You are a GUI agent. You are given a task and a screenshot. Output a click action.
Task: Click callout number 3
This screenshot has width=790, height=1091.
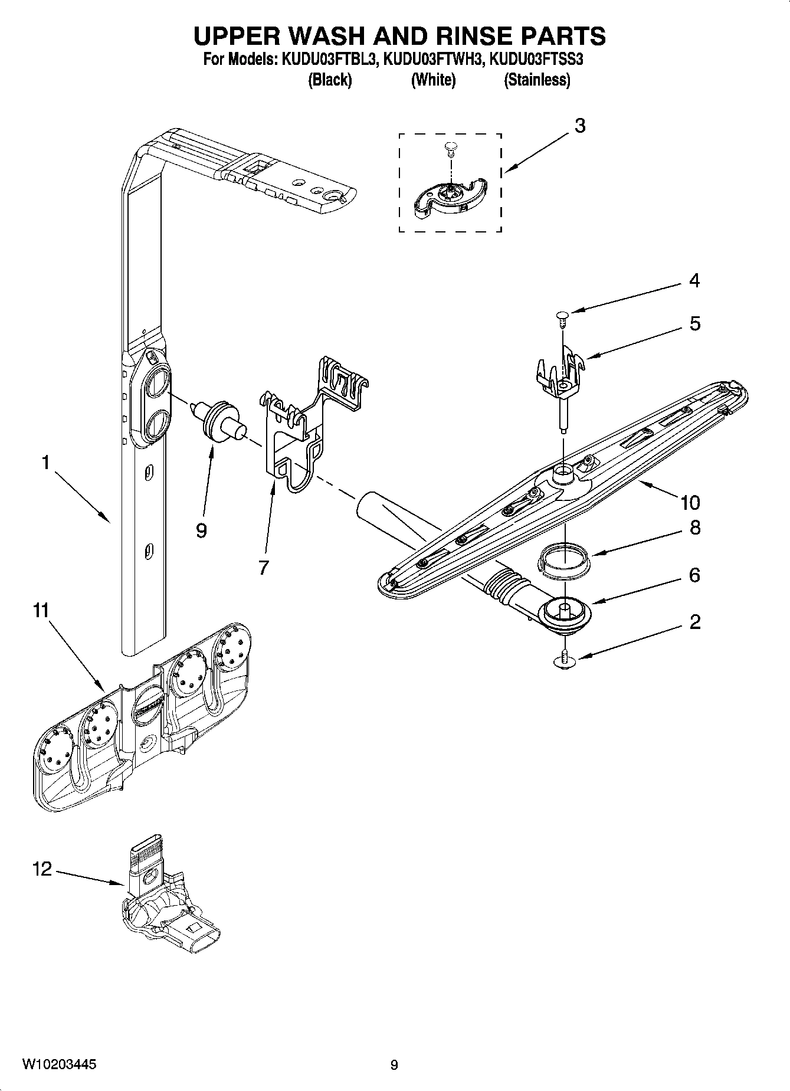pyautogui.click(x=580, y=126)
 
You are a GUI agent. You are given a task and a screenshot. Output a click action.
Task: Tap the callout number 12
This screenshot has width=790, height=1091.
pyautogui.click(x=42, y=869)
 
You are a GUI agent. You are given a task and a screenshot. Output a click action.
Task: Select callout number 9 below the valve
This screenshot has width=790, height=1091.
pyautogui.click(x=201, y=530)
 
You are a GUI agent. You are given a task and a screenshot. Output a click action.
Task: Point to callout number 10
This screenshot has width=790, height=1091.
pyautogui.click(x=690, y=503)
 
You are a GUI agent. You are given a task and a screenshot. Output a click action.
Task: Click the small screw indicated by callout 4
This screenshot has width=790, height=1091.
pyautogui.click(x=560, y=318)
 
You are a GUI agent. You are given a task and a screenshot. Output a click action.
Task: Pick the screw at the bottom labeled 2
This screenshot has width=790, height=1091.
pyautogui.click(x=565, y=660)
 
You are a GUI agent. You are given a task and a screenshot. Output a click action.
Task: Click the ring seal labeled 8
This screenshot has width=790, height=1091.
pyautogui.click(x=565, y=558)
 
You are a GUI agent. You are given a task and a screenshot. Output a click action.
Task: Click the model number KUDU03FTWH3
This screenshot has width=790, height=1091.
pyautogui.click(x=433, y=59)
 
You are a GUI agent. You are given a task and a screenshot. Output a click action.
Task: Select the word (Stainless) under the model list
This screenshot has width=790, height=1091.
pyautogui.click(x=536, y=80)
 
